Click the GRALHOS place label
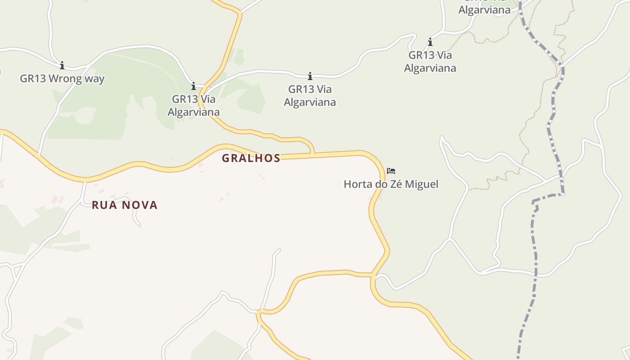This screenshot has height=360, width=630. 251,158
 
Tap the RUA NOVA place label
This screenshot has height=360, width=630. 125,205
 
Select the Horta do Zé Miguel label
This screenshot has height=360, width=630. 391,184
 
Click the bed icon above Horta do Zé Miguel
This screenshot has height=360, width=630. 391,171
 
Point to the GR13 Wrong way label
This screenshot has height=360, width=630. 62,79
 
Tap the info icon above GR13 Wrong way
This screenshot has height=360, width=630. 62,65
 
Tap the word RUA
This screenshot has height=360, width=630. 103,205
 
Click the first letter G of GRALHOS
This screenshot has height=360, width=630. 225,158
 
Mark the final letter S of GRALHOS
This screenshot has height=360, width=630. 277,158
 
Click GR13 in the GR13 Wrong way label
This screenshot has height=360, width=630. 33,79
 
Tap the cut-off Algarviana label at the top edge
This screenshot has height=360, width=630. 484,9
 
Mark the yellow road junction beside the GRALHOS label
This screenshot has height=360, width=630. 313,154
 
